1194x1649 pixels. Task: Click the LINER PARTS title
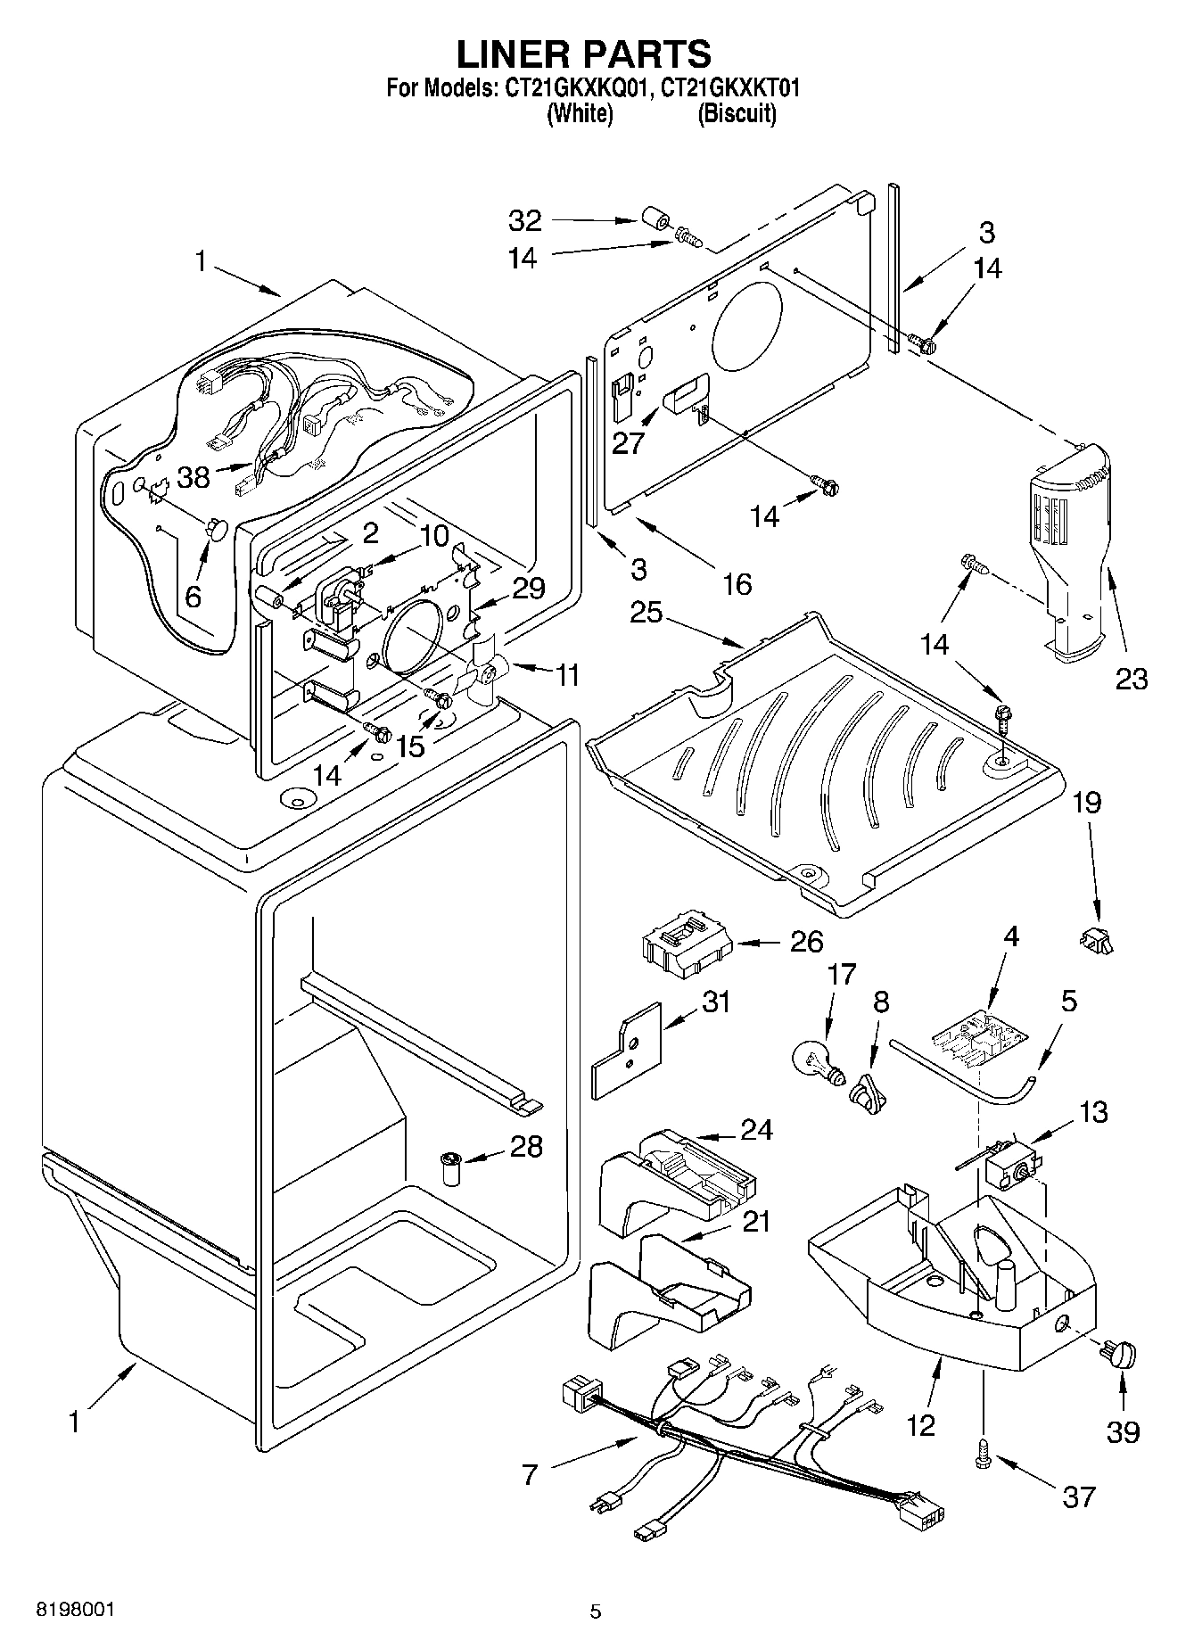click(584, 54)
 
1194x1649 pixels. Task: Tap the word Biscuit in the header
click(737, 113)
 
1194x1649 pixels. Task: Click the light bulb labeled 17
click(813, 1062)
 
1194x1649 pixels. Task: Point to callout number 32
click(525, 219)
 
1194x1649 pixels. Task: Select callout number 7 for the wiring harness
click(531, 1475)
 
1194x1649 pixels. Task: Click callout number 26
click(806, 942)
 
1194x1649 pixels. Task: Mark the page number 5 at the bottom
click(596, 1611)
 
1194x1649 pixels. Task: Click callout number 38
click(194, 477)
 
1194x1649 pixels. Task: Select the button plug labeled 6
click(217, 530)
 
